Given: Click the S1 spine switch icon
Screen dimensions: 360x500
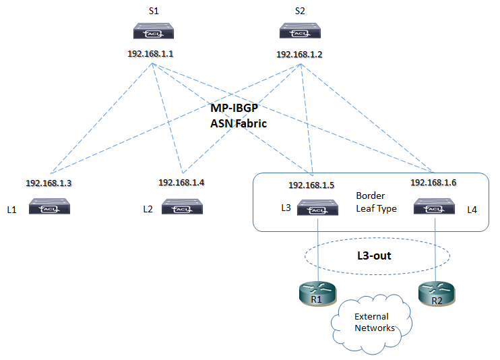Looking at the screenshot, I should coord(153,32).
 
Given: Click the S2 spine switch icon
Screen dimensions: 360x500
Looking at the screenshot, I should coord(301,32).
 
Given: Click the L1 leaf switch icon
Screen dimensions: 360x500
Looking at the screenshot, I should coord(49,208).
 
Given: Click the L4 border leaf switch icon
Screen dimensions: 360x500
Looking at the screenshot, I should coord(435,208).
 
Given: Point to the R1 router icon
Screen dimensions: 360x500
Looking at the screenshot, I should coord(317,293).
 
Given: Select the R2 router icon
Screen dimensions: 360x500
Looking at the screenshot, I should coord(435,293).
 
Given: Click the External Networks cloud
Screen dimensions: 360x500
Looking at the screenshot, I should coord(371,322).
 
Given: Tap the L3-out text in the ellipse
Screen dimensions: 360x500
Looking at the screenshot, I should coord(374,256).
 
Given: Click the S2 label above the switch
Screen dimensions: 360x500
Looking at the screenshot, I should coord(301,11).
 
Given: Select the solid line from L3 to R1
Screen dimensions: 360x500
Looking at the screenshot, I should coord(317,249).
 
